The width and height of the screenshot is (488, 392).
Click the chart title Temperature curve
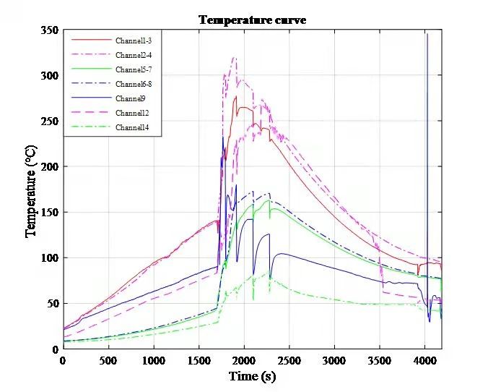pyautogui.click(x=252, y=20)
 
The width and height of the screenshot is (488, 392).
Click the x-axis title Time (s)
pyautogui.click(x=252, y=376)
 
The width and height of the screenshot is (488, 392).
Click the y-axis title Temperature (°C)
pyautogui.click(x=31, y=189)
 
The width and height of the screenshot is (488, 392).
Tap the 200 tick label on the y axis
pyautogui.click(x=50, y=167)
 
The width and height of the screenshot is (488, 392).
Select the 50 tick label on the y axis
pyautogui.click(x=52, y=304)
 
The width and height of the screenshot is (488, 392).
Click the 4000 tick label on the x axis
pyautogui.click(x=425, y=360)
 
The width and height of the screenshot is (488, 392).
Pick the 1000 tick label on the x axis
pyautogui.click(x=153, y=360)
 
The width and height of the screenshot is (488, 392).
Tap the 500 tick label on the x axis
pyautogui.click(x=108, y=360)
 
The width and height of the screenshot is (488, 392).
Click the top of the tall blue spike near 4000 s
pyautogui.click(x=427, y=34)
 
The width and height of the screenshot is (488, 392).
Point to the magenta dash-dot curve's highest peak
pyautogui.click(x=235, y=58)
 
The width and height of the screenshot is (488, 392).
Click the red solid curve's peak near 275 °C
pyautogui.click(x=236, y=96)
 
